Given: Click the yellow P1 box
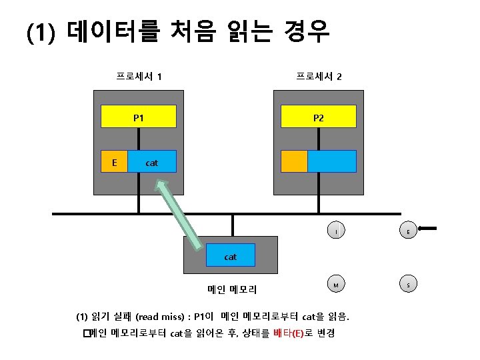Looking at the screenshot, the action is point(138,117).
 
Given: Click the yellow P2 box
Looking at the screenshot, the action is point(318,117).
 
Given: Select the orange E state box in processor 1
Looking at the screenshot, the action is point(114,161).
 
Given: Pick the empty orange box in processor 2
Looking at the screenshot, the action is point(294,161).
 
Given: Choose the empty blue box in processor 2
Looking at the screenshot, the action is point(332,161).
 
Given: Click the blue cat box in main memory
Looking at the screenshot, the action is point(230,256).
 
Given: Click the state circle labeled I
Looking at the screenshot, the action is point(337,231).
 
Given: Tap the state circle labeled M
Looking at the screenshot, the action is point(337,285).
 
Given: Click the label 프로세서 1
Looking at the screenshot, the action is point(139,76).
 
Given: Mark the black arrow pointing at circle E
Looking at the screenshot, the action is point(429,229).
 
